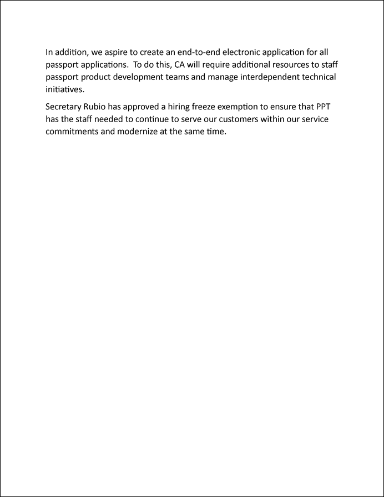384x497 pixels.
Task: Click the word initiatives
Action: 65,89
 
